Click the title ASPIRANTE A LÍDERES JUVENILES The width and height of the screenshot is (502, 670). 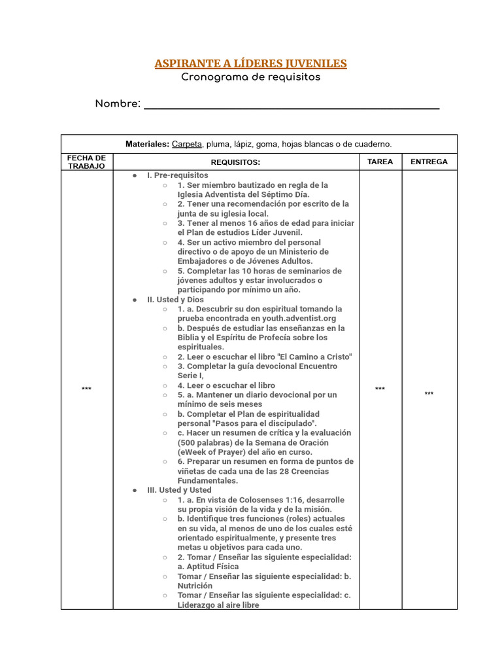point(250,63)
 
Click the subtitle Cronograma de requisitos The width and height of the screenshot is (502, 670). point(250,77)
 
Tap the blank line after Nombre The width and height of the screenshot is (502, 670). point(291,105)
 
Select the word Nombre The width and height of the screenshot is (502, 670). point(118,104)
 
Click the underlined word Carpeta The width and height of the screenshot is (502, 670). point(187,144)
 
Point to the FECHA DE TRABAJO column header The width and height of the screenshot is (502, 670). point(86,162)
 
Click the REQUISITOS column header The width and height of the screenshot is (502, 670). point(235,162)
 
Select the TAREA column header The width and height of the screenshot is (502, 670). point(380,162)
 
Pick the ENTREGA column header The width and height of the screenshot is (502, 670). point(429,162)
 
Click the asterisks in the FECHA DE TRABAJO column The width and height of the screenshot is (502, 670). point(86,390)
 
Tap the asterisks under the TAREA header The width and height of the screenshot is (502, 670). point(380,390)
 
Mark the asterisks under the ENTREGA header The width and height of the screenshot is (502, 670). point(429,394)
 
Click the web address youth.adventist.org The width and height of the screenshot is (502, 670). point(301,319)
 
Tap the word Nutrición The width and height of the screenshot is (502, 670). point(195,586)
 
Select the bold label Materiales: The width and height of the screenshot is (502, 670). point(148,144)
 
